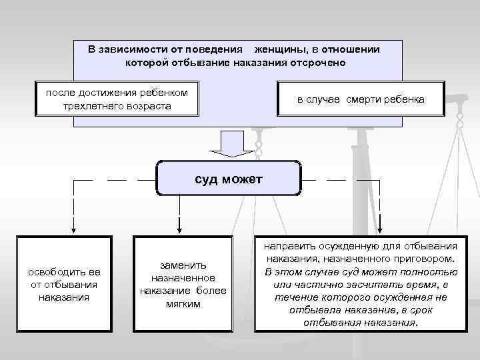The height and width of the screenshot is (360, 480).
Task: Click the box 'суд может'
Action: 229,178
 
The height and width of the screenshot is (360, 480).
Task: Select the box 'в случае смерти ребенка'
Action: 360,100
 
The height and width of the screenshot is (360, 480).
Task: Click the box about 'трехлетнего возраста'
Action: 117,99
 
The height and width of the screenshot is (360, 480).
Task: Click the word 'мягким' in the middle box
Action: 183,304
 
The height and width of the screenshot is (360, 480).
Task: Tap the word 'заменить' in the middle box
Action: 183,265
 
